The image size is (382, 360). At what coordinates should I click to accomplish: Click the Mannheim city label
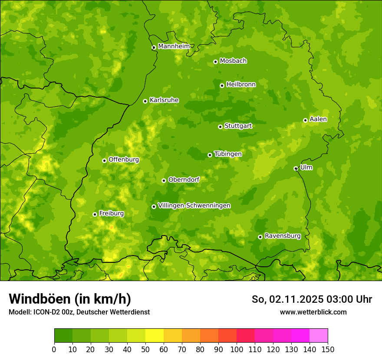click(x=174, y=46)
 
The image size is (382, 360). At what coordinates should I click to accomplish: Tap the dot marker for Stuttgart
click(x=220, y=127)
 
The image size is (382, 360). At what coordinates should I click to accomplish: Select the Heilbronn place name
click(x=241, y=85)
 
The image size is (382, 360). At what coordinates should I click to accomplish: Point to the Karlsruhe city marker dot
click(x=145, y=101)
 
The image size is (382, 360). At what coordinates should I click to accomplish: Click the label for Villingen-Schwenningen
click(x=194, y=206)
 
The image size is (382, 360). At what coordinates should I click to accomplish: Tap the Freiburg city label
click(x=111, y=213)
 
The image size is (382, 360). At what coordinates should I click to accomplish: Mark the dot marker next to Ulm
click(x=296, y=168)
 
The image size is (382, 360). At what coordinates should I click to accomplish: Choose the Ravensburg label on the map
click(x=282, y=236)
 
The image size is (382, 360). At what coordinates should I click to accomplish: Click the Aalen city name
click(x=318, y=119)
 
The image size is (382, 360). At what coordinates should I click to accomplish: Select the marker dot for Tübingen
click(x=210, y=155)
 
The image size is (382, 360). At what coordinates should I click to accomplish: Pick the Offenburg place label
click(x=124, y=160)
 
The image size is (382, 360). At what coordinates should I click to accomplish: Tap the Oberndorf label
click(x=184, y=180)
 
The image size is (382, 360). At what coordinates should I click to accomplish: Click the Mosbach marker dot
click(x=215, y=62)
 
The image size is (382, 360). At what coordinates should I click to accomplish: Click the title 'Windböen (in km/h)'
click(x=69, y=299)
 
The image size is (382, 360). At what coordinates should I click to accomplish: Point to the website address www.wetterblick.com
click(x=313, y=312)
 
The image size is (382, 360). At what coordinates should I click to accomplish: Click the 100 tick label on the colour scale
click(x=237, y=349)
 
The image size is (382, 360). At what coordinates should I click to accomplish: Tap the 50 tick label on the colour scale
click(x=145, y=349)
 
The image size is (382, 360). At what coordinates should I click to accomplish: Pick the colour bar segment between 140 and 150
click(x=319, y=335)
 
